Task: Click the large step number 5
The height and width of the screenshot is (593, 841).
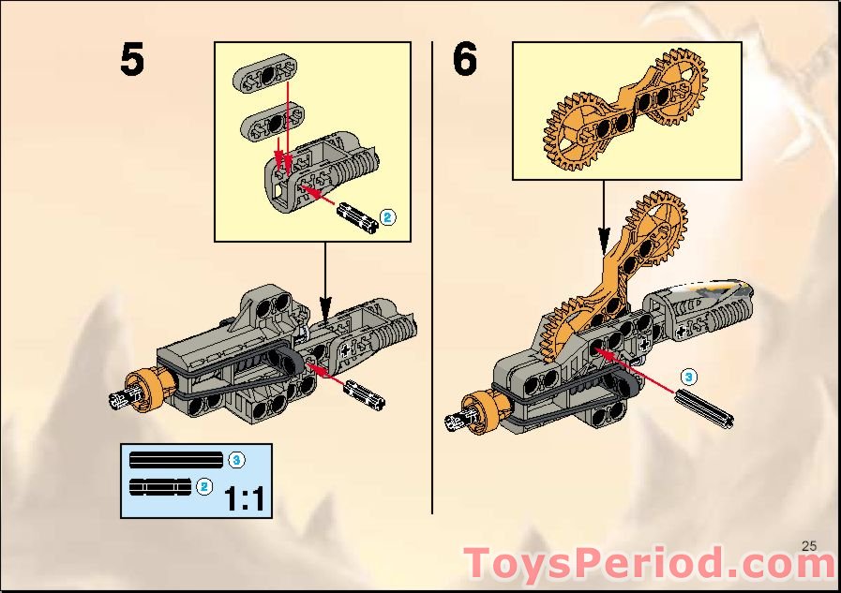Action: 132,61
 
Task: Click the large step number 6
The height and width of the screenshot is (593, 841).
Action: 465,61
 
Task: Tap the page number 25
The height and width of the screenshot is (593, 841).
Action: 810,546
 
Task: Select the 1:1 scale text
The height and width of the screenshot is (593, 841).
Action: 244,497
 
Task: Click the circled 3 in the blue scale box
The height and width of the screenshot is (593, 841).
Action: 236,459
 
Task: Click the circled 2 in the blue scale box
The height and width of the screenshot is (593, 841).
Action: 205,485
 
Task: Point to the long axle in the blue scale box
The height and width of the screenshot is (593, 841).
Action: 176,459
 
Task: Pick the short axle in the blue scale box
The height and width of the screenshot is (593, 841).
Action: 159,485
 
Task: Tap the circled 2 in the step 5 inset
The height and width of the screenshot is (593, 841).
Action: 387,218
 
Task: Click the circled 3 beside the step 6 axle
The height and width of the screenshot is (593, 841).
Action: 688,377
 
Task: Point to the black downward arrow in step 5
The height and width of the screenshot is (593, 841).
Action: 324,280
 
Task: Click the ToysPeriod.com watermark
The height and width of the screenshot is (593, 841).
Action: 650,564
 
